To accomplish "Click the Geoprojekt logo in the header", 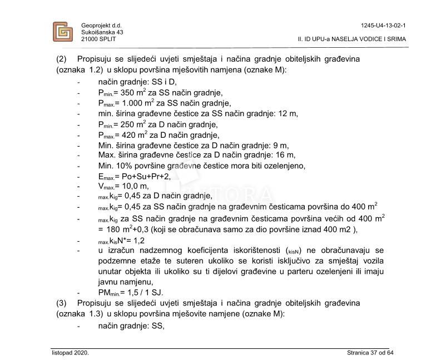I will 62,32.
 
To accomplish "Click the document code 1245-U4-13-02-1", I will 383,26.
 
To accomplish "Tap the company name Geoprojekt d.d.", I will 101,26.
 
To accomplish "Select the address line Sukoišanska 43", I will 102,32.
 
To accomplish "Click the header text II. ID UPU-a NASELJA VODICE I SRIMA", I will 351,39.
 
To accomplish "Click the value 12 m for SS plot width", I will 288,114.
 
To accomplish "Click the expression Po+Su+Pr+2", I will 146,176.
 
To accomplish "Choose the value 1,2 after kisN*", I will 138,241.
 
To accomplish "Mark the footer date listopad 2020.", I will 70,353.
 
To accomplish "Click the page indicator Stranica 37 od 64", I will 370,353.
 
